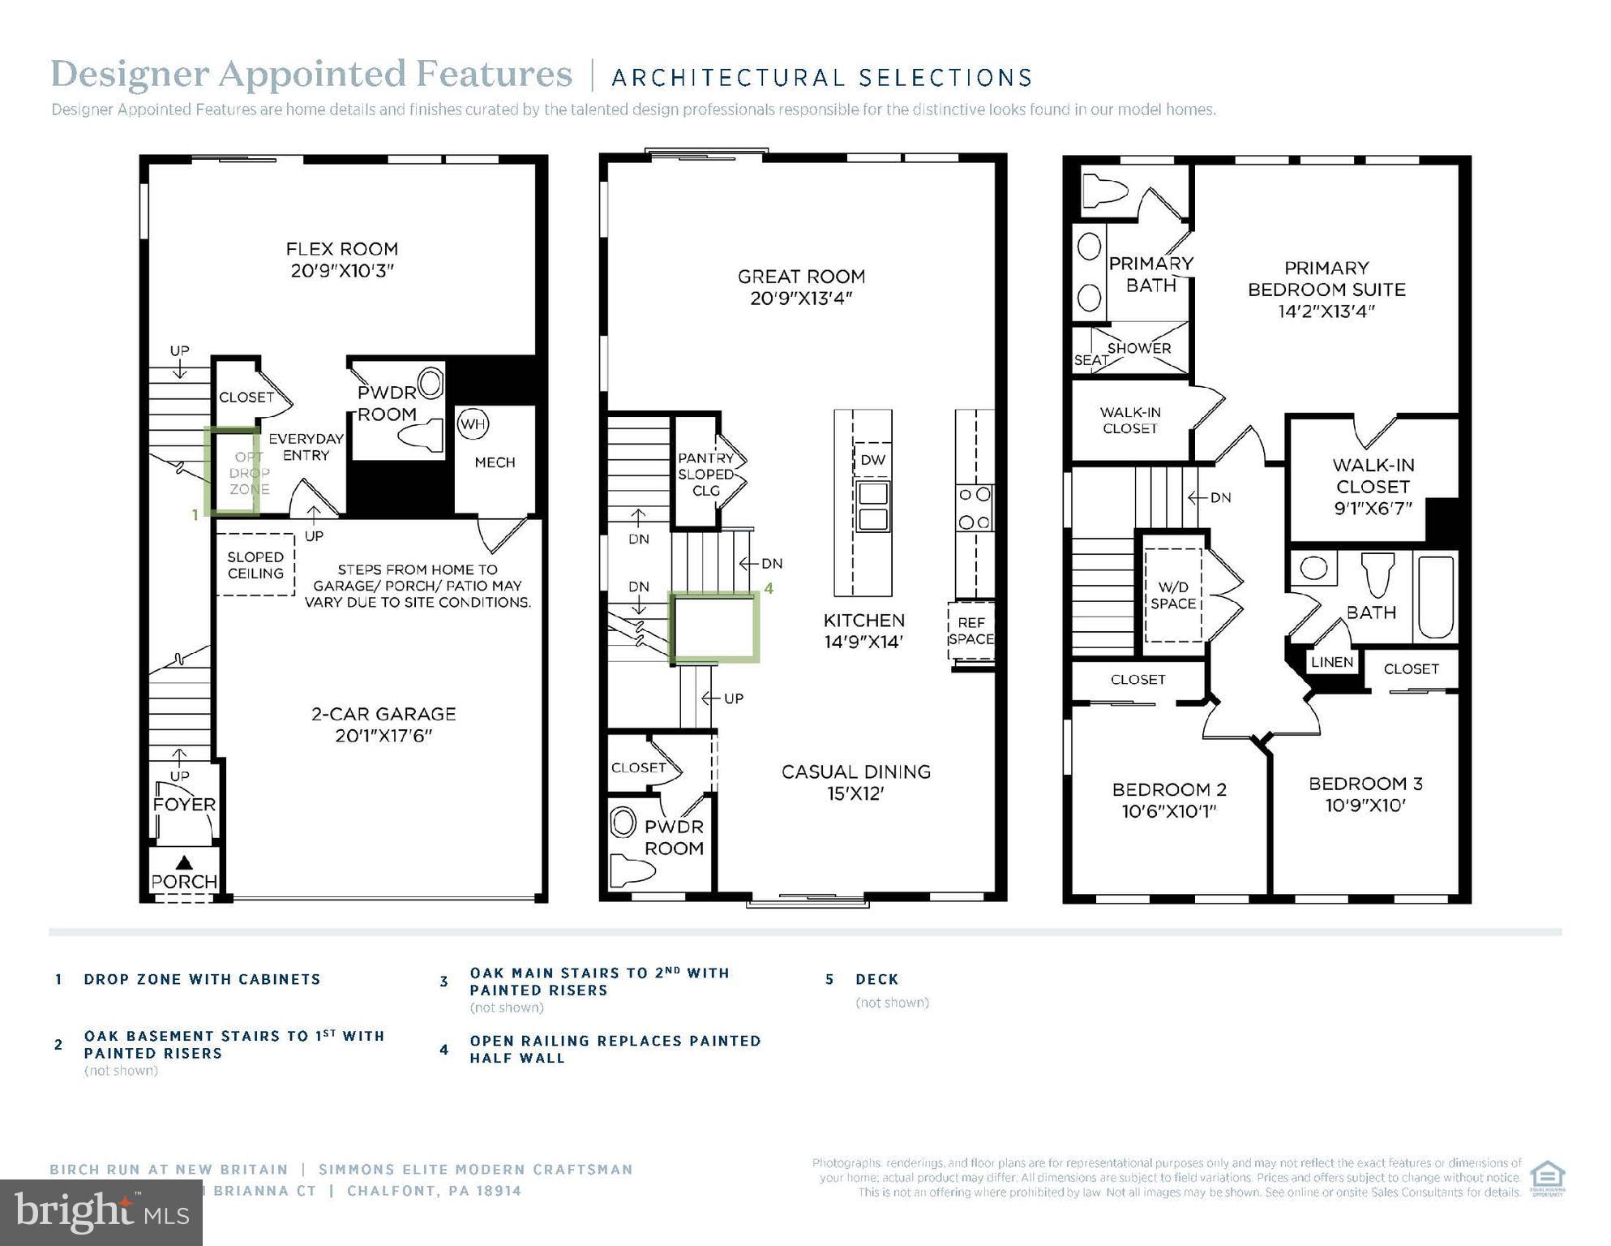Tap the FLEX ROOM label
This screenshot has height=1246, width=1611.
tap(342, 260)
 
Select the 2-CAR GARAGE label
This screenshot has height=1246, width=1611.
tap(383, 724)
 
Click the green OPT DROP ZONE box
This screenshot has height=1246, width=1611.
tap(233, 471)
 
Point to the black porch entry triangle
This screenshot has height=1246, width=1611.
tap(184, 862)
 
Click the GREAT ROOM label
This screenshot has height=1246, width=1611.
tap(801, 287)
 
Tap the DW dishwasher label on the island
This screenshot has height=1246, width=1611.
tap(872, 460)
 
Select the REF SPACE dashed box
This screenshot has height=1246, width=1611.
tap(970, 631)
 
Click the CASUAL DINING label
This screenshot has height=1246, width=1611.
tap(855, 782)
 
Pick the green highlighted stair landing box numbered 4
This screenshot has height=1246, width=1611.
tap(713, 627)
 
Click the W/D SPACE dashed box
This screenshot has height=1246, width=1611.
tap(1172, 595)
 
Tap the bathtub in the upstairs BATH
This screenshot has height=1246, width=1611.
tap(1435, 597)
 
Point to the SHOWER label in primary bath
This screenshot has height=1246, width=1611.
tap(1138, 348)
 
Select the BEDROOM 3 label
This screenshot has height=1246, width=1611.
tap(1365, 794)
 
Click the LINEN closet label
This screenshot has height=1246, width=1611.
tap(1332, 662)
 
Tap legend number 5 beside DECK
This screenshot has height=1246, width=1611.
tap(829, 979)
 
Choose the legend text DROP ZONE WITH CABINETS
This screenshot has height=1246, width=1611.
tap(202, 979)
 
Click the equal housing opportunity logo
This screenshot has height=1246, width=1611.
tap(1546, 1178)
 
